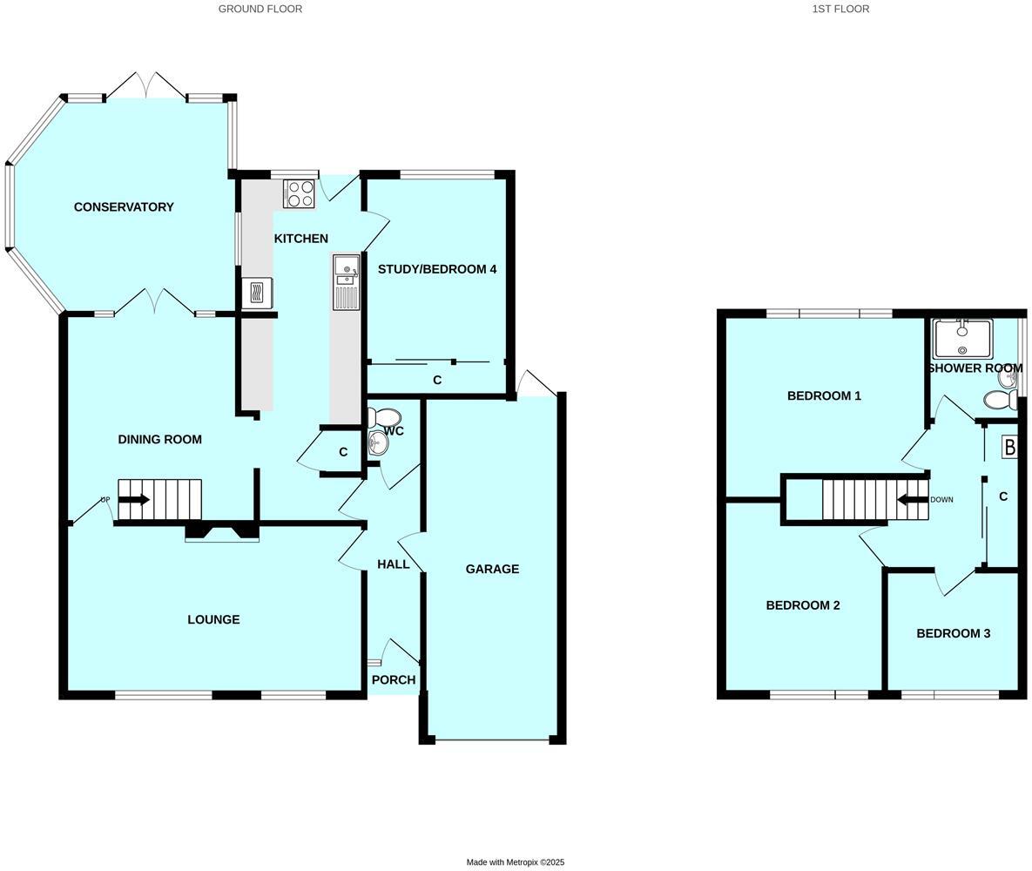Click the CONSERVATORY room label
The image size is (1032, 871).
[124, 207]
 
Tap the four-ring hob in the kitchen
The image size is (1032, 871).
[298, 193]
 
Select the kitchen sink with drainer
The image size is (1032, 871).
[346, 282]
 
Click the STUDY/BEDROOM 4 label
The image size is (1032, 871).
[437, 269]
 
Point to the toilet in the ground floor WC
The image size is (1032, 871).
[385, 418]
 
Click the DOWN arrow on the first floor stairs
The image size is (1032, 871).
[913, 500]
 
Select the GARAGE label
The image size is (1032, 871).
[492, 570]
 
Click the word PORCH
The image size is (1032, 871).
[394, 680]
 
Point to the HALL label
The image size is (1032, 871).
[394, 564]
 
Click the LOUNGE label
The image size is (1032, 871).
[213, 620]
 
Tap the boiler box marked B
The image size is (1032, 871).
[1009, 448]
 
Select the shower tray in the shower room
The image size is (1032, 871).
[962, 339]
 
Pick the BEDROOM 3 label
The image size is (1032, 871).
[953, 634]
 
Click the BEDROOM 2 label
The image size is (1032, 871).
[803, 605]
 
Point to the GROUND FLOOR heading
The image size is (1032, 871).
[260, 9]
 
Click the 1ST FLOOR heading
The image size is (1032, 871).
[840, 9]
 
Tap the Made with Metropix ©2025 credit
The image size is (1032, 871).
[516, 862]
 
